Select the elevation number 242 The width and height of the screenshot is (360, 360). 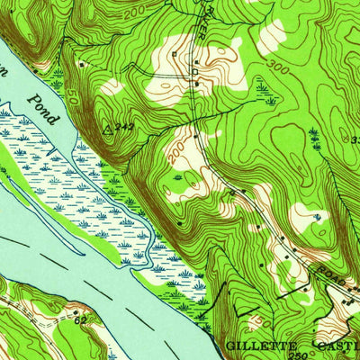125,128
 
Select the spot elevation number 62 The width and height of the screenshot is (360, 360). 80,319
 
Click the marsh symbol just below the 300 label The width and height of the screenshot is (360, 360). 262,87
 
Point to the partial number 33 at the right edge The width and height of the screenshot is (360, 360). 354,139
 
